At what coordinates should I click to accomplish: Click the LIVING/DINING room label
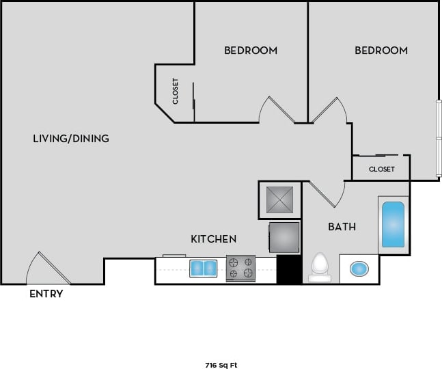[71, 139]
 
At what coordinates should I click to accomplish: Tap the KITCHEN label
[213, 239]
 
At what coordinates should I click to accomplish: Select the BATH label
[342, 226]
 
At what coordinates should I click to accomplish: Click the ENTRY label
[46, 294]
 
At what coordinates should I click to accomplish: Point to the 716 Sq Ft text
[221, 365]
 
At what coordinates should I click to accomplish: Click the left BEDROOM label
[251, 51]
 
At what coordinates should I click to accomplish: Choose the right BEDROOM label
[381, 51]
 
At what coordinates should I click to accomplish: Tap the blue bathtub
[393, 224]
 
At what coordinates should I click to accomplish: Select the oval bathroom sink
[359, 268]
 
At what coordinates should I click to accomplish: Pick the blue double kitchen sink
[202, 268]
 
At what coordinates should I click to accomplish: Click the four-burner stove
[240, 268]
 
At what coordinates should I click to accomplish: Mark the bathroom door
[327, 194]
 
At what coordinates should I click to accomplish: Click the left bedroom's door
[275, 110]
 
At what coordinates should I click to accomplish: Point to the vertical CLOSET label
[176, 91]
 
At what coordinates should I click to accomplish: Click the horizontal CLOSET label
[381, 169]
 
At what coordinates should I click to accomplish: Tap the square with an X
[279, 200]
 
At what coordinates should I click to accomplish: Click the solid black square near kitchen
[288, 270]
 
